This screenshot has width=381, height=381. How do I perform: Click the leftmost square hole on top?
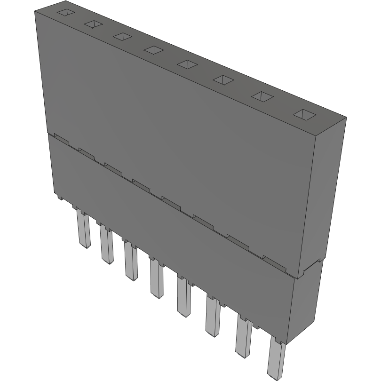66,13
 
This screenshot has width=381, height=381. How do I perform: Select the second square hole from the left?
93,24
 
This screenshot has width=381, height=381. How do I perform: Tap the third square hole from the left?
122,36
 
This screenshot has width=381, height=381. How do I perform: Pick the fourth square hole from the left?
153,49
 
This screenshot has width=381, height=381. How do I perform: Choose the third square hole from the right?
223,79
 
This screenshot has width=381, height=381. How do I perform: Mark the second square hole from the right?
262,96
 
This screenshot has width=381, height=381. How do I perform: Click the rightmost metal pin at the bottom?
276,359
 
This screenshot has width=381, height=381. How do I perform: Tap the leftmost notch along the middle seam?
61,139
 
